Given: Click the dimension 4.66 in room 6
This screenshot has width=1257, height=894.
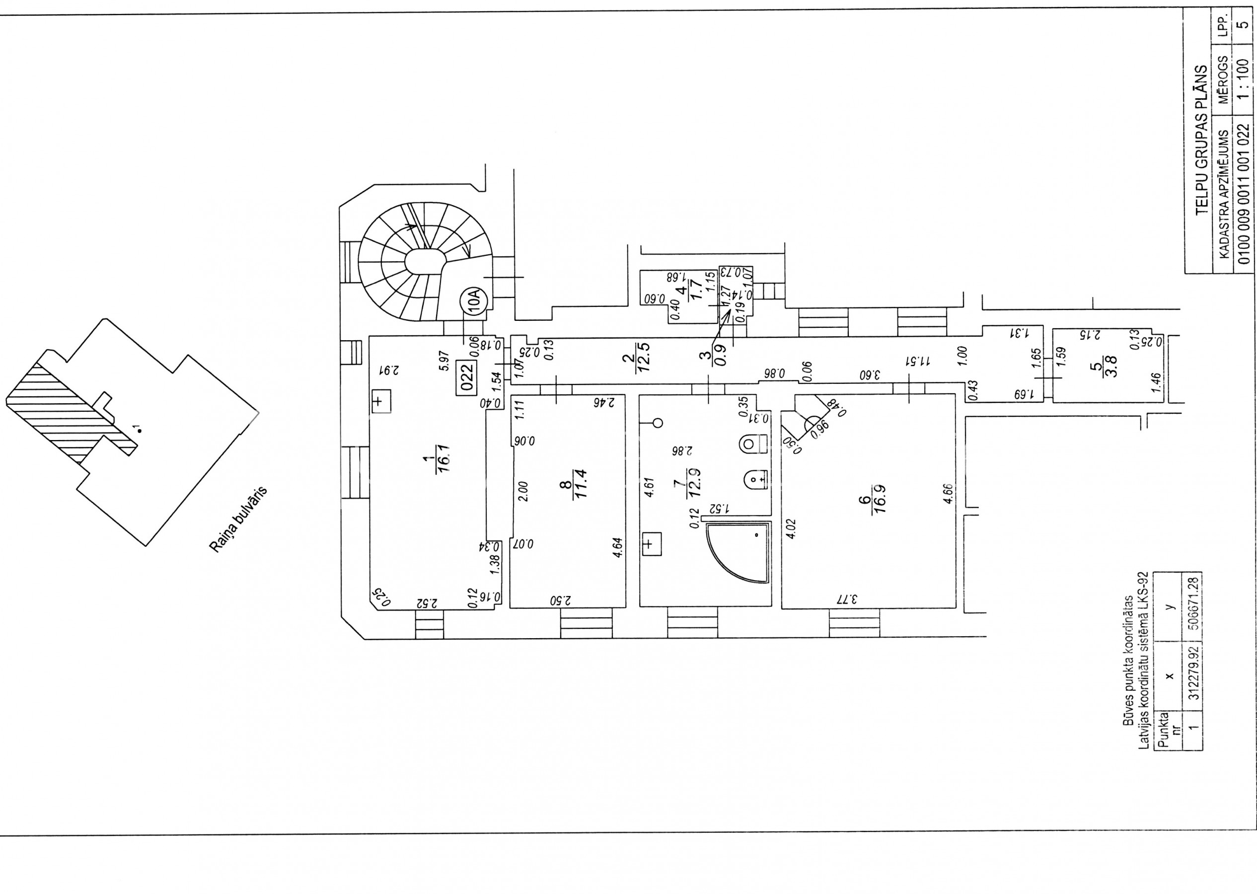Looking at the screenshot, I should pos(947,494).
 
